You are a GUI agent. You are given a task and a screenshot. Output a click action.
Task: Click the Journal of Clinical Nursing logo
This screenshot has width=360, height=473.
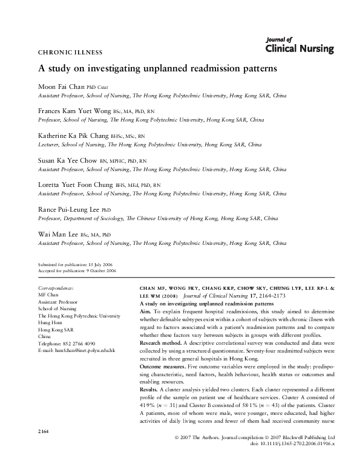(299, 46)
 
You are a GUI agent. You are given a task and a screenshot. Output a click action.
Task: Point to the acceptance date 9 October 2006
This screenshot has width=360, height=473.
(100, 272)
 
